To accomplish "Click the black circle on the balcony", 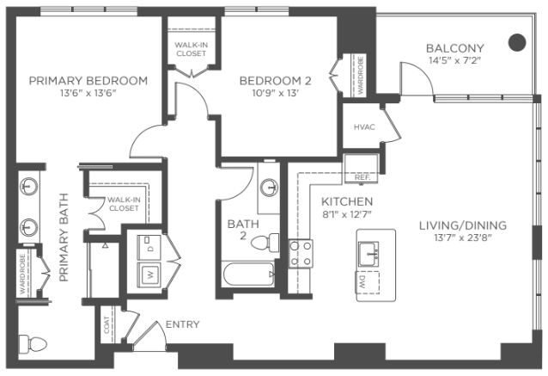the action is (x=516, y=42).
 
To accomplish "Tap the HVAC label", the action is (x=364, y=127).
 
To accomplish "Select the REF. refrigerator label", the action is (x=362, y=177).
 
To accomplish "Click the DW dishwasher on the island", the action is (x=368, y=282).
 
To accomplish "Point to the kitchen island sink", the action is (x=368, y=254).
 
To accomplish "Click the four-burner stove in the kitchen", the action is (x=301, y=253).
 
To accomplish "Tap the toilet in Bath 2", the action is (x=265, y=242).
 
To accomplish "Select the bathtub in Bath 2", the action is (x=248, y=274).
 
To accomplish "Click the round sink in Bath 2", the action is (x=269, y=188).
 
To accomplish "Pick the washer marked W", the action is (x=149, y=274).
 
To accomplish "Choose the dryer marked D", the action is (x=149, y=248).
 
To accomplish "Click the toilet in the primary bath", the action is (x=33, y=343).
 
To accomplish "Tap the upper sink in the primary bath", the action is (x=29, y=186).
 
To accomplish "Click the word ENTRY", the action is (x=182, y=324).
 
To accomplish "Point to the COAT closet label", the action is (x=107, y=325).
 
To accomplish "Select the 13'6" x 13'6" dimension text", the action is (x=88, y=93).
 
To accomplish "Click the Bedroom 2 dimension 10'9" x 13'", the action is (x=275, y=93).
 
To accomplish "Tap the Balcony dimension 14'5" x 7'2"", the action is (x=455, y=60).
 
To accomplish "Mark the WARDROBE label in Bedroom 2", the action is (x=361, y=76).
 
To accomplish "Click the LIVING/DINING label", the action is (x=463, y=225).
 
